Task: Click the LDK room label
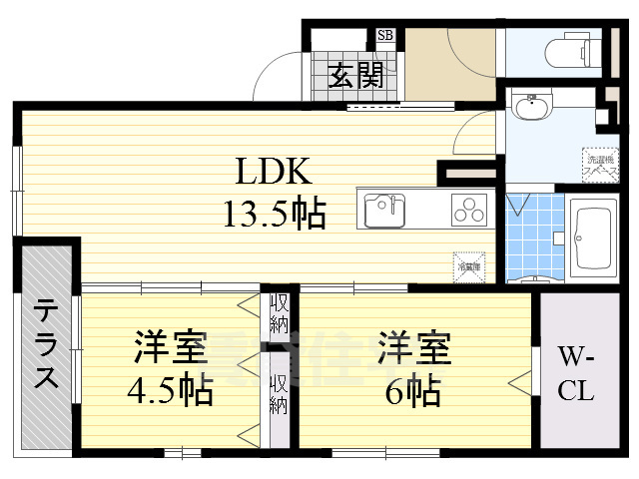275,172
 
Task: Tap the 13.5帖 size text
275,213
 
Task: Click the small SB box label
385,37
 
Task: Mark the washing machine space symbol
599,162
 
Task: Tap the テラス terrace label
46,343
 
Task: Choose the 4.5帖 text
171,392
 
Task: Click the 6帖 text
414,392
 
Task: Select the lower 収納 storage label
279,394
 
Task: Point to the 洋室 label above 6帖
414,350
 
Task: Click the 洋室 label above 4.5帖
171,350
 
